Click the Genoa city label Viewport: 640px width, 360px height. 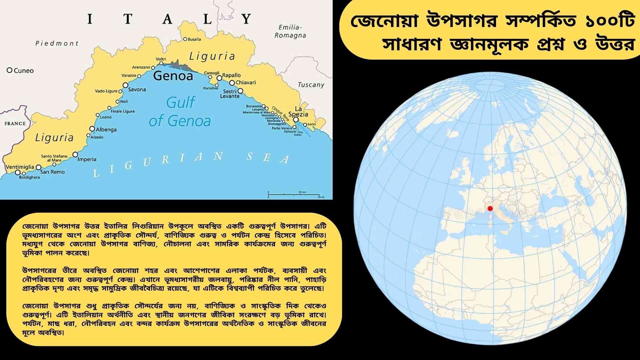pos(173,76)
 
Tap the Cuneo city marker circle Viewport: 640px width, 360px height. pos(10,70)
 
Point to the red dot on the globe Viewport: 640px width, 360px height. pos(490,209)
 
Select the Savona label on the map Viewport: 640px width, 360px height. pos(137,89)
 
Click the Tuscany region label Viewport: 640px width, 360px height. pos(311,85)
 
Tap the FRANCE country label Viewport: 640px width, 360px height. pos(15,123)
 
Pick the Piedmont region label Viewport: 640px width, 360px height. pos(57,43)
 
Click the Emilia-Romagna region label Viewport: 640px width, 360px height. pos(290,31)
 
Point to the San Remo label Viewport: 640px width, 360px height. pos(52,172)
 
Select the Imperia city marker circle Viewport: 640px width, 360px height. pos(75,154)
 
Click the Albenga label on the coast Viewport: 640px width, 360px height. pos(106,129)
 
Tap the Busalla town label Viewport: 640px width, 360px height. pos(194,39)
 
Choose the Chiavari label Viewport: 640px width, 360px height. pos(246,82)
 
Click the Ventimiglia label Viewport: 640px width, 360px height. pos(20,167)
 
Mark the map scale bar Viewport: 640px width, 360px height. pos(295,194)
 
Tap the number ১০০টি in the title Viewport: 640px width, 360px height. pos(610,21)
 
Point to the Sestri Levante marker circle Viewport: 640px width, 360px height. pos(240,91)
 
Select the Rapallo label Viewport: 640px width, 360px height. pos(231,75)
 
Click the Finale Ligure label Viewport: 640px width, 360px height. pos(123,111)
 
